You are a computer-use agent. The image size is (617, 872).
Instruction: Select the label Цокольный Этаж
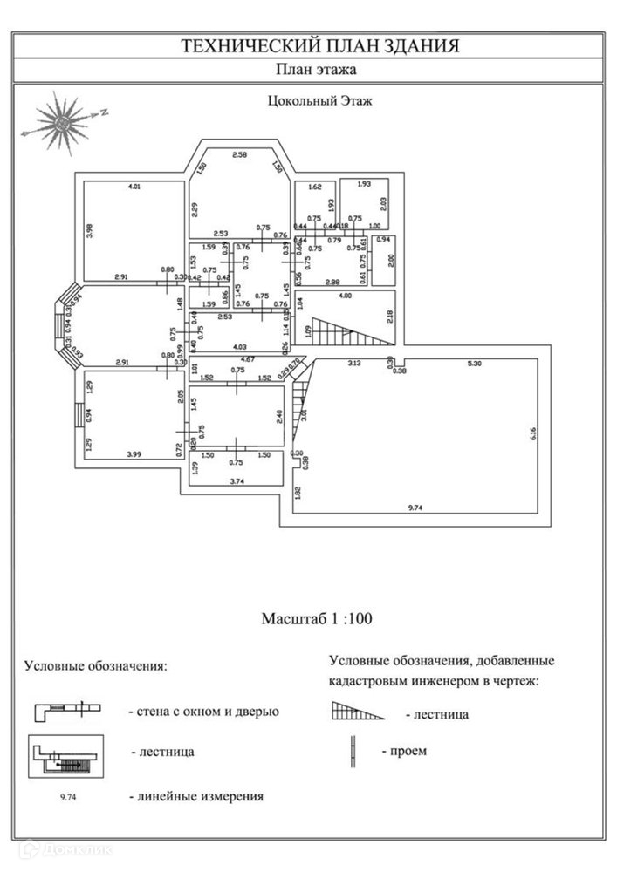319,100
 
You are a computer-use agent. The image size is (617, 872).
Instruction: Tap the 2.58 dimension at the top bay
240,154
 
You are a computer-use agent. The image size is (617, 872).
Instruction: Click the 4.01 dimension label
134,187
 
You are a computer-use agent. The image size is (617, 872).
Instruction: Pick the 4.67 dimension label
247,359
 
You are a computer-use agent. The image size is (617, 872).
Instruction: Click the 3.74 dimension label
236,480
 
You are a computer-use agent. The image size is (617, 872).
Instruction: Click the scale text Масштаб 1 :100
318,620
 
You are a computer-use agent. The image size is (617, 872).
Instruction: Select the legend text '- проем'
404,751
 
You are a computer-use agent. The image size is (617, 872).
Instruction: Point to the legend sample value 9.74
67,796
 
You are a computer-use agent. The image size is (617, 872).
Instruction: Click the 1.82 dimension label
298,493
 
